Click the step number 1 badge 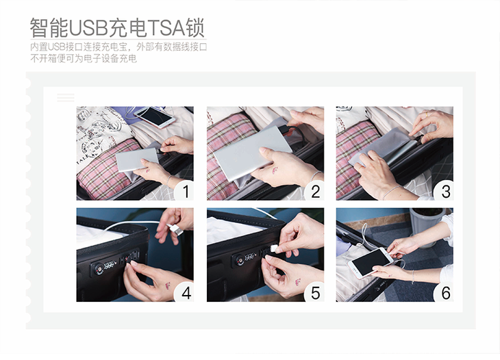point(185,192)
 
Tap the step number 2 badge point(315,192)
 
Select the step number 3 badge point(445,192)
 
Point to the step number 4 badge point(185,293)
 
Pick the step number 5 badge point(315,293)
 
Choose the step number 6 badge point(445,293)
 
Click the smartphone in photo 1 point(154,117)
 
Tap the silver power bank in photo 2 point(252,153)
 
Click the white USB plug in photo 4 point(175,229)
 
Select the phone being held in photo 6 point(370,263)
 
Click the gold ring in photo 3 point(427,114)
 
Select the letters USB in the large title point(88,28)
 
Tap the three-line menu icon point(66,97)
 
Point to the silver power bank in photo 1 point(138,160)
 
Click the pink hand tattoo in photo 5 point(298,281)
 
